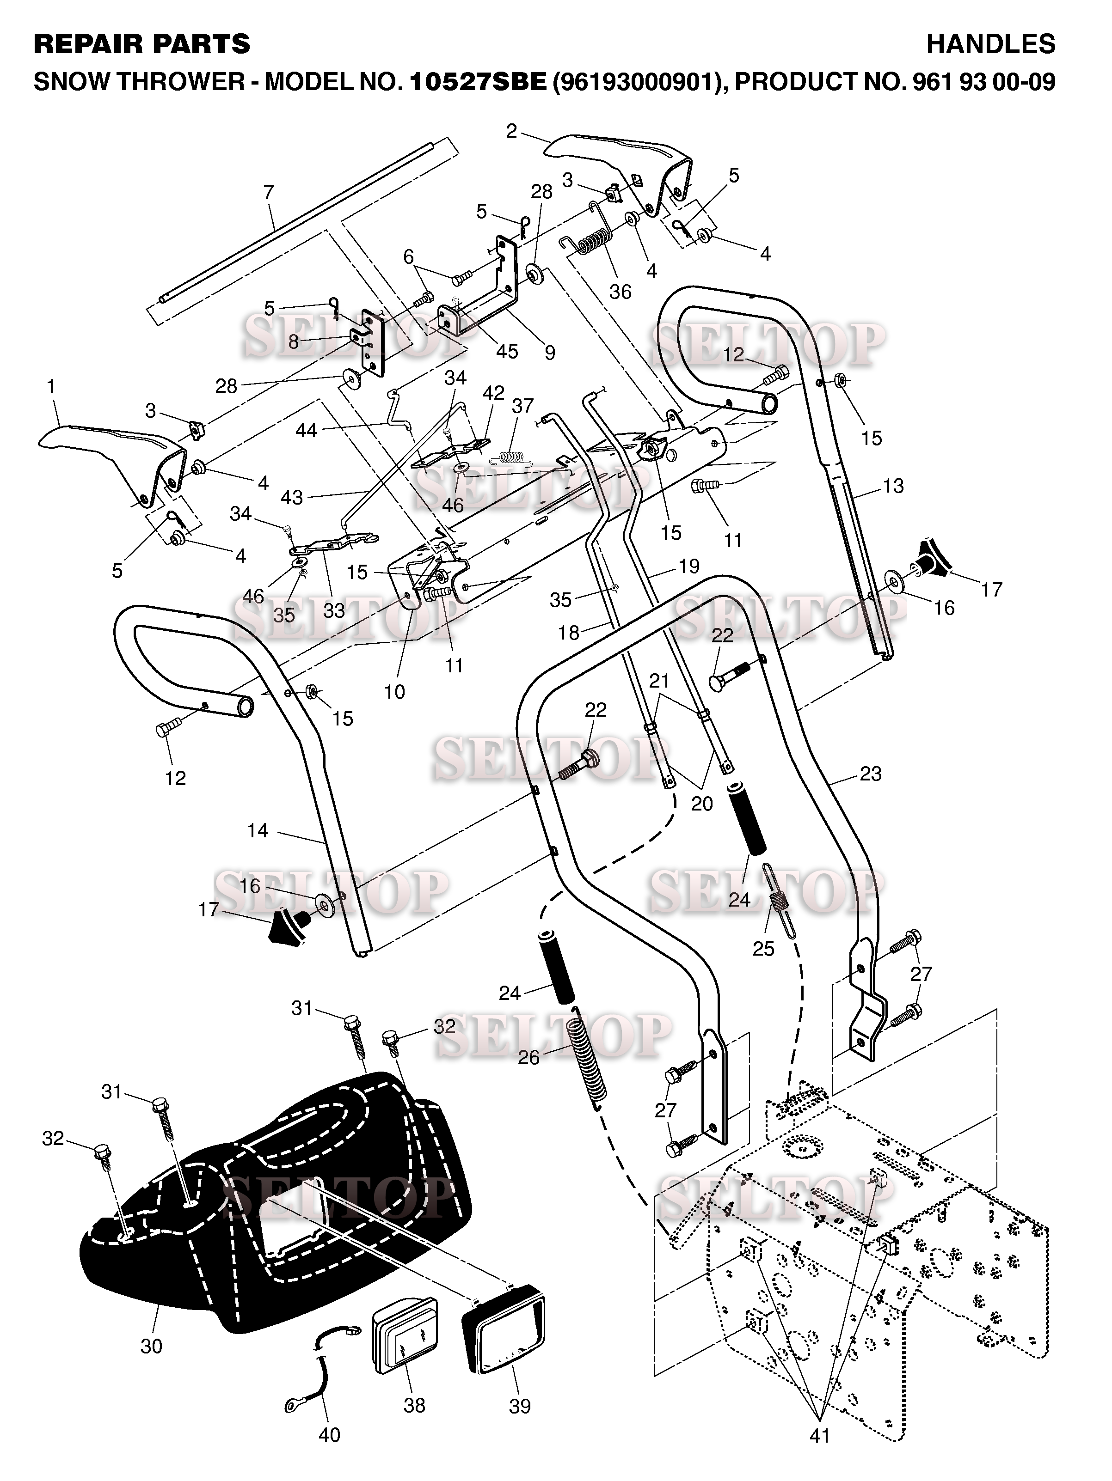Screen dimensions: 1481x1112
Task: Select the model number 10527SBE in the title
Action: click(478, 82)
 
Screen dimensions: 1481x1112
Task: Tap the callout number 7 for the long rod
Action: click(269, 193)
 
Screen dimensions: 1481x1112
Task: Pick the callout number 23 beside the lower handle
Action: click(870, 774)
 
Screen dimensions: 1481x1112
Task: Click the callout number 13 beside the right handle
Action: click(893, 486)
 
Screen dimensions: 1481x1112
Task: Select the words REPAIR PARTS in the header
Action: click(141, 44)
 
